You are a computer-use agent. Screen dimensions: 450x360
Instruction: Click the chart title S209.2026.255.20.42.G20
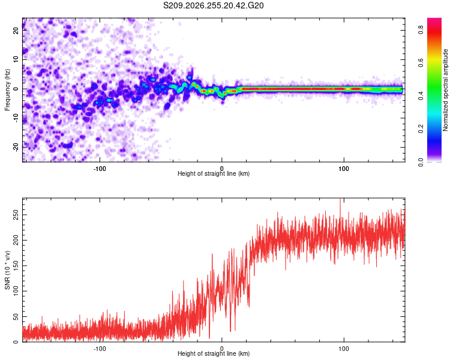[x=213, y=5]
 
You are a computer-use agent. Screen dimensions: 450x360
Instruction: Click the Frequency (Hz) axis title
[x=7, y=90]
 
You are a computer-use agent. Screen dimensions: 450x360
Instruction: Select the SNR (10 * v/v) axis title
[x=7, y=270]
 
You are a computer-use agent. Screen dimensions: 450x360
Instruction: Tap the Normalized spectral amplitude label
[x=445, y=90]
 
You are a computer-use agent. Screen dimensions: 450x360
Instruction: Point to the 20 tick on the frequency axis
[x=16, y=30]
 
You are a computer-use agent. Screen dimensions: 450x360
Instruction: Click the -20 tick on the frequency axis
[x=16, y=147]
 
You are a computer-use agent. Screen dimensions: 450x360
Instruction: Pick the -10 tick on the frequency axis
[x=16, y=118]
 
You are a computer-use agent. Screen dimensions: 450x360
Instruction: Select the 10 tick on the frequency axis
[x=16, y=59]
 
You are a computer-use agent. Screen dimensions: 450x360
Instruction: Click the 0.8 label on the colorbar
[x=421, y=29]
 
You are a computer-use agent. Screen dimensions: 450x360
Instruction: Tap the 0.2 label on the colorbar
[x=421, y=128]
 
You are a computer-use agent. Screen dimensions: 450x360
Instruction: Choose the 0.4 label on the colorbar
[x=421, y=95]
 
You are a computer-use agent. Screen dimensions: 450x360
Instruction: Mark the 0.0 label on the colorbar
[x=421, y=162]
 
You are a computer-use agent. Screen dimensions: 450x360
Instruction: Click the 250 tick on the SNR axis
[x=16, y=215]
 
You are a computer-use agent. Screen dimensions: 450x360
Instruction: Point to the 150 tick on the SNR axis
[x=16, y=266]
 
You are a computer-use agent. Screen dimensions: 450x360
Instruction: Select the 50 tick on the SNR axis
[x=16, y=316]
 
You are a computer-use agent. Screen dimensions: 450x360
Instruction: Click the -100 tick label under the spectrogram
[x=100, y=169]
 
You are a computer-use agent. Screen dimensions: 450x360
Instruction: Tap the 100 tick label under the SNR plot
[x=344, y=349]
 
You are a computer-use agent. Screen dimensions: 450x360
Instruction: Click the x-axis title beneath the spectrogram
[x=214, y=173]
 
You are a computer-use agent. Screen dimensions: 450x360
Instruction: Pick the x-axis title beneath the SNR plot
[x=214, y=353]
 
